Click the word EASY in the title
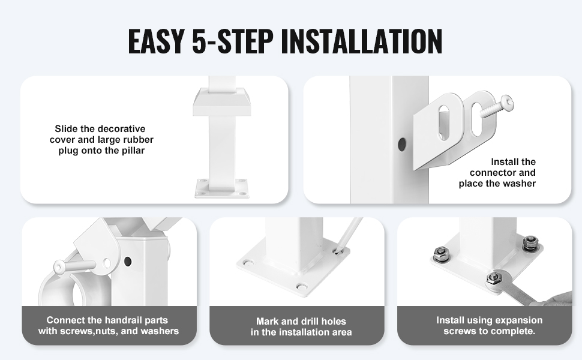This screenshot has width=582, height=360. [156, 40]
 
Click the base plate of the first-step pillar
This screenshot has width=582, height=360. [221, 188]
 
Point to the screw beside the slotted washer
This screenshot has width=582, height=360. [497, 107]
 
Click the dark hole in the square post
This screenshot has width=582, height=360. [401, 145]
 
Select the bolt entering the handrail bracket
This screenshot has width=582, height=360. [74, 266]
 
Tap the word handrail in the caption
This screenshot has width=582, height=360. [121, 320]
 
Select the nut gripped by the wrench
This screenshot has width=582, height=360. [493, 278]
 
